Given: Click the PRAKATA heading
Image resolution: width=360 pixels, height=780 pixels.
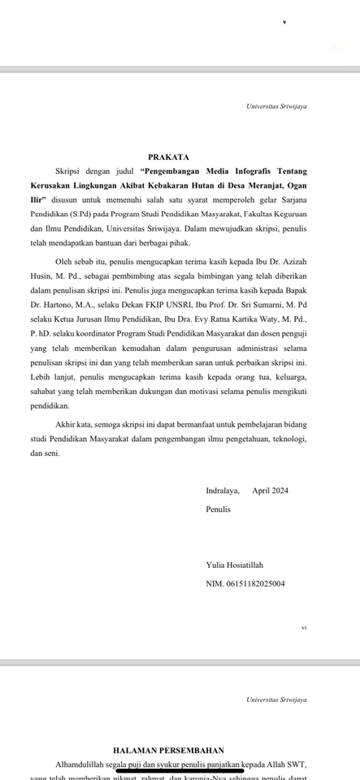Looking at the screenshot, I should [169, 156].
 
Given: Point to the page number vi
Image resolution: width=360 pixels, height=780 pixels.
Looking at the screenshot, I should [303, 626].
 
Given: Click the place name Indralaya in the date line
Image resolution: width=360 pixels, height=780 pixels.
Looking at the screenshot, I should [223, 491].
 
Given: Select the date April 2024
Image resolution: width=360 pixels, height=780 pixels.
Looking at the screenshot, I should [270, 491].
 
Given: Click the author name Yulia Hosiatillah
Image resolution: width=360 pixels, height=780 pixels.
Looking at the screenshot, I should [235, 565].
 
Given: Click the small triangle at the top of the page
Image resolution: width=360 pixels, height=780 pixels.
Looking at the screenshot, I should [284, 22].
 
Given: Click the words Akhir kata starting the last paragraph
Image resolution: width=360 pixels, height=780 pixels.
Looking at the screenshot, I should [73, 425].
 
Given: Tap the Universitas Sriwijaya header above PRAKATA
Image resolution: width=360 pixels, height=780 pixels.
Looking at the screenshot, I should [276, 106].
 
